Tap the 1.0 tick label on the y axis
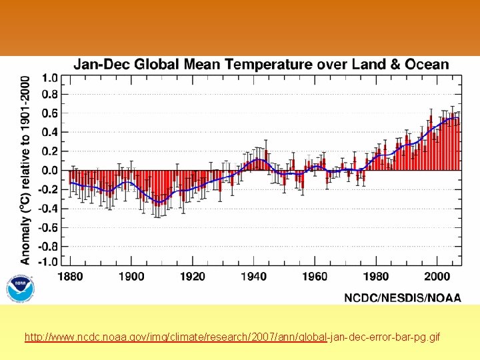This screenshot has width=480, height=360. pos(49,77)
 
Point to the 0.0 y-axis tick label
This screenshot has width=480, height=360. pos(49,171)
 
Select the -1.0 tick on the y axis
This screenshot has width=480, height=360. pos(47,262)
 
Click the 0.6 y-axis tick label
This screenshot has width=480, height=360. pos(49,114)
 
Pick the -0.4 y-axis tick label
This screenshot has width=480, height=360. pos(47,209)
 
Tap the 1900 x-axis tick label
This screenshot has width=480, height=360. pos(131,277)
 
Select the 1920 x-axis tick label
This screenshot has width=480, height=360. pos(193,277)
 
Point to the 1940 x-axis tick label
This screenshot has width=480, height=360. pos(254,277)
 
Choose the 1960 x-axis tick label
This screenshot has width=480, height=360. pos(315,277)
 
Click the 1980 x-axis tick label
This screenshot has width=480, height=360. pos(376,277)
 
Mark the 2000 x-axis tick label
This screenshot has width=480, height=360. pos(437,277)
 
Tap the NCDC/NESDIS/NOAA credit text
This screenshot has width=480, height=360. pos(402,298)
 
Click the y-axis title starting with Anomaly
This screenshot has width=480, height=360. pos(25,169)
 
